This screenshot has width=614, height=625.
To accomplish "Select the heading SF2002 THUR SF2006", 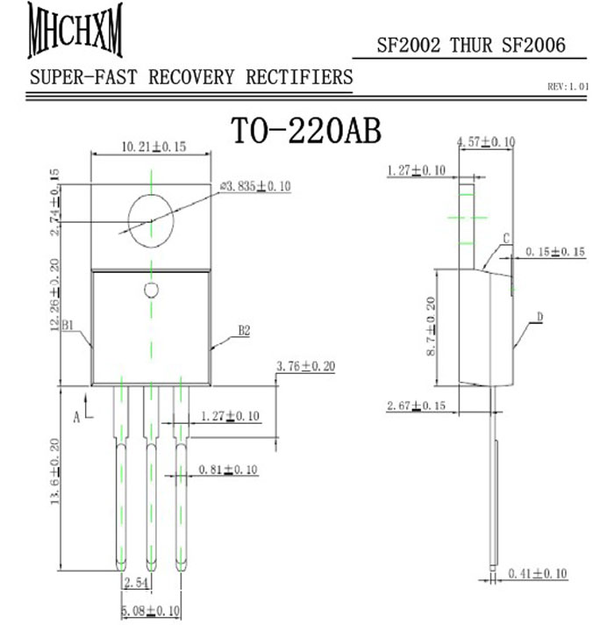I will point(470,46).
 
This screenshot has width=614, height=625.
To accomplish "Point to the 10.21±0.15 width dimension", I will point(152,147).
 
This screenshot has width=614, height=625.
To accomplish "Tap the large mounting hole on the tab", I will point(152,219).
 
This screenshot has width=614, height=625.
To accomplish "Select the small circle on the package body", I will point(151,290).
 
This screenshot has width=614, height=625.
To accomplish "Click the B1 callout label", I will point(71,327).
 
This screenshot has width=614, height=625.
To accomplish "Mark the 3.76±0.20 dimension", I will point(305,366).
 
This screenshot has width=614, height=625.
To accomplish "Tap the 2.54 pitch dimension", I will point(136,583).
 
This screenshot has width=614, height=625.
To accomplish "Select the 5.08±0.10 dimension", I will point(152,610).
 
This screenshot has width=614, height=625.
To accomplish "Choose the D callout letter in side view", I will point(540,316).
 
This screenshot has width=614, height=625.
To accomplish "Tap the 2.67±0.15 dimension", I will point(417,406).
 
